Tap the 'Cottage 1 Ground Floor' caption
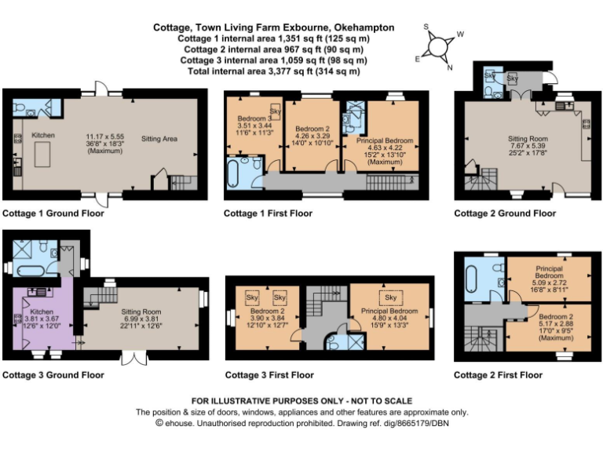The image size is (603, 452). tap(53, 213)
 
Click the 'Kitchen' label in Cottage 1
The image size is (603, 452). tap(43, 136)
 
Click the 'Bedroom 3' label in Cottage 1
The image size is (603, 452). tap(253, 118)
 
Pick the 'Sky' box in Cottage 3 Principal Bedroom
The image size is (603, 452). tap(390, 297)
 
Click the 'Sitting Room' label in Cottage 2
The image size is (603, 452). tap(522, 138)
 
